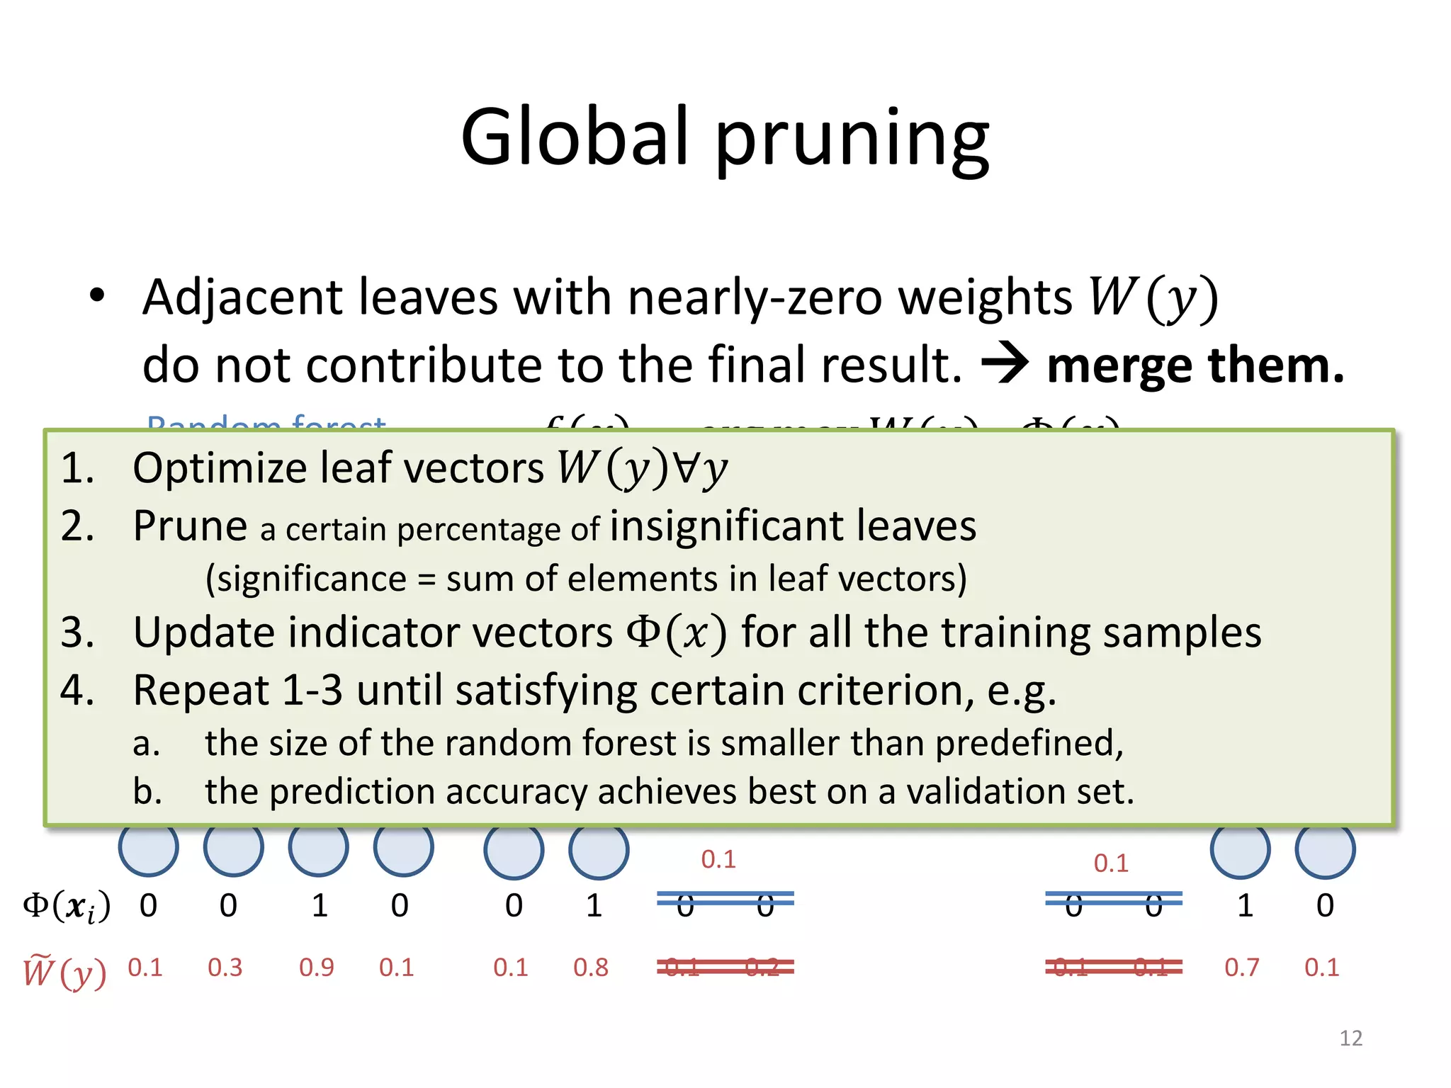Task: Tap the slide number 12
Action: (1350, 1038)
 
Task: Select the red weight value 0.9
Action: (317, 968)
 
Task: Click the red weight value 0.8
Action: (591, 968)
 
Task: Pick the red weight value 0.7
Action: (1242, 968)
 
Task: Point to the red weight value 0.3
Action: (225, 968)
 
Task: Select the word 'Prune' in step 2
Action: (190, 526)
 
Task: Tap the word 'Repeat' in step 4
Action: (201, 690)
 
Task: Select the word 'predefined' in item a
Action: (1027, 744)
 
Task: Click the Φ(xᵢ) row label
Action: (67, 907)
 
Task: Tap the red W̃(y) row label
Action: (64, 971)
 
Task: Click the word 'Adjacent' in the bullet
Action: (242, 297)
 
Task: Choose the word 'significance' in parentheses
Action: (311, 579)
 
